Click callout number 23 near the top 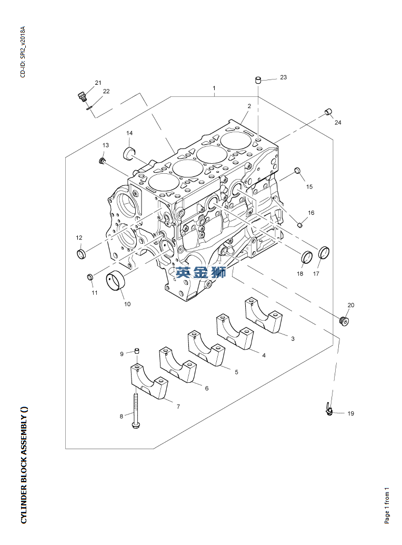(x=283, y=77)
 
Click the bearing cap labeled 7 (x=149, y=382)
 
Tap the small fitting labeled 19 (x=329, y=409)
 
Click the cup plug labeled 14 (x=129, y=153)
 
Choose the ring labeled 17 (x=325, y=254)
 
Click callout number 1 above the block (x=214, y=87)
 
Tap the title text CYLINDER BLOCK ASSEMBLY (x=24, y=465)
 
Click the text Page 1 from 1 (x=387, y=505)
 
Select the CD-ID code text (x=23, y=52)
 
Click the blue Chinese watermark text (x=201, y=272)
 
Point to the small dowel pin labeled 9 (x=136, y=350)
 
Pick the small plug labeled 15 (x=297, y=170)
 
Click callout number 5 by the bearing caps (x=236, y=372)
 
